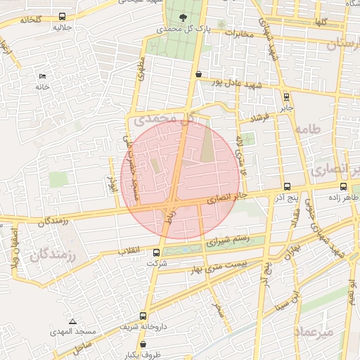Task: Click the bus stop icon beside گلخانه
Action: click(x=63, y=16)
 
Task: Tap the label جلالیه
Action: click(x=62, y=30)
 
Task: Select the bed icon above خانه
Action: click(x=42, y=75)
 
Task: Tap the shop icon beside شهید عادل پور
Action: click(x=199, y=74)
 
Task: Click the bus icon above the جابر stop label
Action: click(x=286, y=96)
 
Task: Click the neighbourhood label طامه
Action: click(x=308, y=129)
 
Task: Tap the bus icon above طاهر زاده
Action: click(x=343, y=186)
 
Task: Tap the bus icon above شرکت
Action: click(x=156, y=252)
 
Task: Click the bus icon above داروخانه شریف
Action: click(x=143, y=316)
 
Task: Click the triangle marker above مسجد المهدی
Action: click(x=72, y=321)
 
